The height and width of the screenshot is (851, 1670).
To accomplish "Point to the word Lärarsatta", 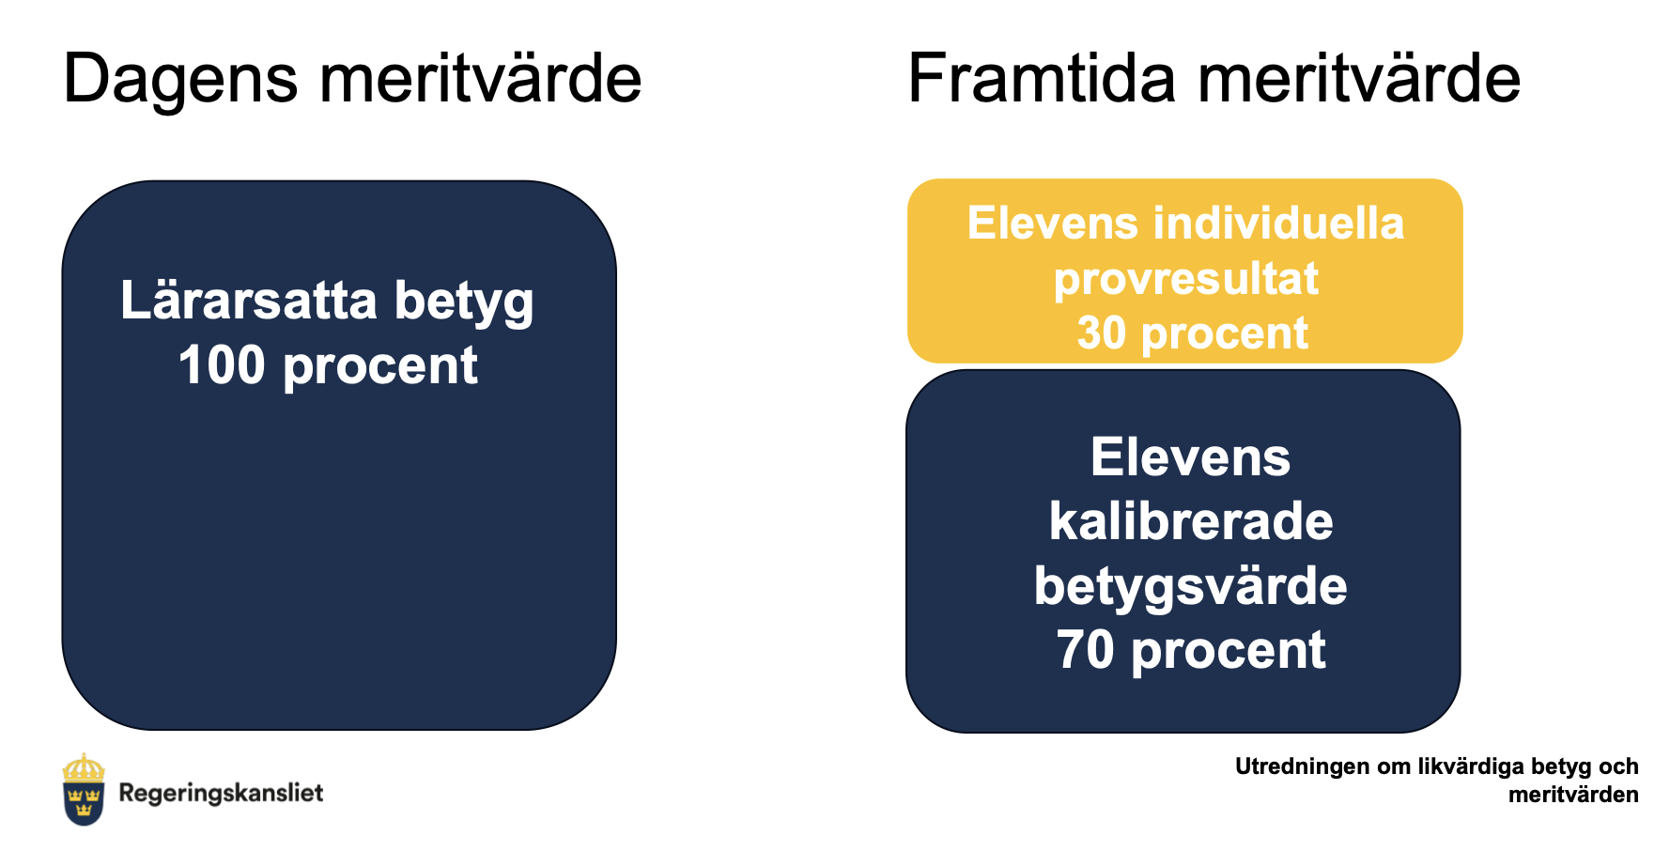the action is coord(249,301).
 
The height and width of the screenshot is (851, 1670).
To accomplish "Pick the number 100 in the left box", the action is coord(222,365).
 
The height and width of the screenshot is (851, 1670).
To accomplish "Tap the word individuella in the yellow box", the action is coord(1278,224).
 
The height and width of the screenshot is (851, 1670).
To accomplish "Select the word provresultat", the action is coord(1186,280).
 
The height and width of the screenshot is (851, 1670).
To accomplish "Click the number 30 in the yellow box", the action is coord(1101,333).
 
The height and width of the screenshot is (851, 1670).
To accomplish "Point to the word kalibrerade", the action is coord(1191,521).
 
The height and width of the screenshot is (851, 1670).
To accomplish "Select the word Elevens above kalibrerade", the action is coord(1191,457).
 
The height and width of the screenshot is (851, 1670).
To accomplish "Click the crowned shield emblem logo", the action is coord(84,789).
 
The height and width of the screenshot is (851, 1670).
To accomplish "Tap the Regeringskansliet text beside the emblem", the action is coord(221,794).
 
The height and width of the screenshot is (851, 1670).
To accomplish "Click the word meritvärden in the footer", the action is coord(1573,795).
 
